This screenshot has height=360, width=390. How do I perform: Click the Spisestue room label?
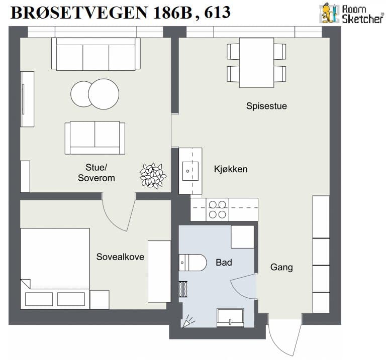[x=266, y=106]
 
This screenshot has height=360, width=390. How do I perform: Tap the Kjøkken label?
[x=231, y=169]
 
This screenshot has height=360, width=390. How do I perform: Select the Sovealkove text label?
[x=120, y=257]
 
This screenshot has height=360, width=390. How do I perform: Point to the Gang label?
[x=281, y=268]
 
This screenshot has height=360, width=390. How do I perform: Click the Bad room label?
[x=224, y=263]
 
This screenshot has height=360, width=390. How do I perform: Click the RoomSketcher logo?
[x=351, y=14]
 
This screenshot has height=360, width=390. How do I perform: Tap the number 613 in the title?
[x=218, y=12]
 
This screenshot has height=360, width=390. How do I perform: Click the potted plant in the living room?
[x=153, y=175]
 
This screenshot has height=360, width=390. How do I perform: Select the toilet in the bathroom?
[x=193, y=263]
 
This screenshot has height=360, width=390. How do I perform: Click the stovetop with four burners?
[x=218, y=209]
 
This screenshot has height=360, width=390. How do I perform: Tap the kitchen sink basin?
[x=190, y=171]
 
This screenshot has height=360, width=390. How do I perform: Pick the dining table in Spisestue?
[x=256, y=63]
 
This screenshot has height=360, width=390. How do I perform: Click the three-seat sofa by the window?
[x=96, y=54]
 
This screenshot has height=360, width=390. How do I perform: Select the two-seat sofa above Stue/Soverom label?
[x=95, y=138]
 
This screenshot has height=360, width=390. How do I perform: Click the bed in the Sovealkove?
[x=55, y=269]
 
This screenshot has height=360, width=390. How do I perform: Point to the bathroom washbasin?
[x=230, y=318]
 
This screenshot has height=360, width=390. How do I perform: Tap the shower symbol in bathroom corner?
[x=188, y=321]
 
